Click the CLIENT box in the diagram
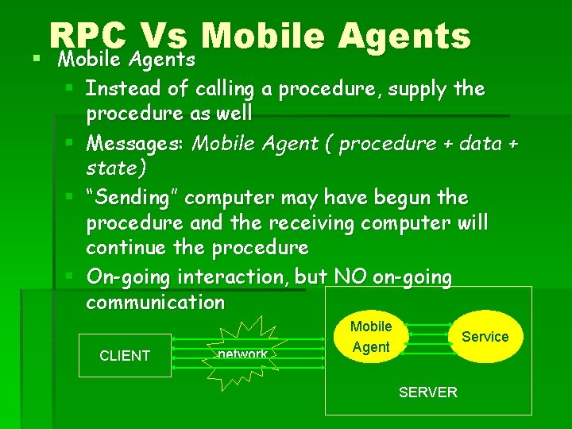coord(125,355)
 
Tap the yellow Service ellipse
coord(485,336)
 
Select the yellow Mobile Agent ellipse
coord(370,337)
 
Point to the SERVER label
coord(427,392)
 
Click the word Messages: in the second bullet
coord(137,143)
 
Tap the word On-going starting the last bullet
coord(129,277)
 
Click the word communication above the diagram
coord(156,302)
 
